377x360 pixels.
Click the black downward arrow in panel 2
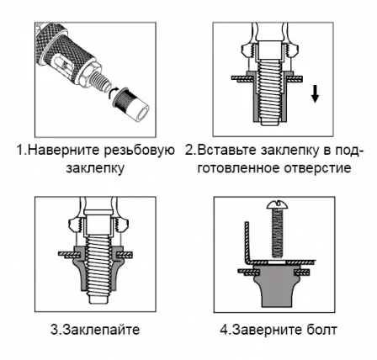[316, 93]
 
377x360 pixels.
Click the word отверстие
[323, 167]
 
